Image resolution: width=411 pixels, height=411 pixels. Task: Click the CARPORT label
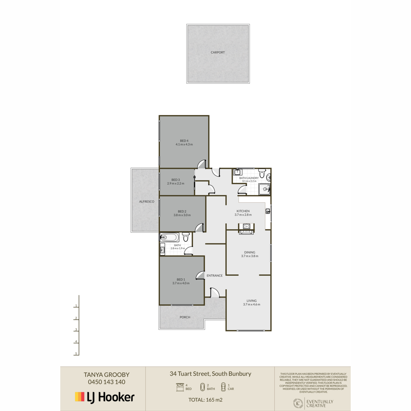click(x=217, y=52)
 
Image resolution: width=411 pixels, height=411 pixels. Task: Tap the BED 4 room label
click(x=184, y=140)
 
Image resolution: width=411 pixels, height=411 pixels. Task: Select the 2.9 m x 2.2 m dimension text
click(x=176, y=184)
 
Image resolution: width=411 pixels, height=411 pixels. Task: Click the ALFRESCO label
click(x=147, y=201)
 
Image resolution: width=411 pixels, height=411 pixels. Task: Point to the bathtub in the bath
click(x=170, y=237)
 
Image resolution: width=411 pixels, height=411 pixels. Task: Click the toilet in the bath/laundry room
click(x=262, y=173)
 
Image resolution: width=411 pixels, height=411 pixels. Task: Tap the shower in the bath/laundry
click(x=264, y=189)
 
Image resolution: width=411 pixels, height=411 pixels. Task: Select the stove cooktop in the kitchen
click(x=246, y=226)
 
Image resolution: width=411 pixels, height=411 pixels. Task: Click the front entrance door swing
click(x=214, y=292)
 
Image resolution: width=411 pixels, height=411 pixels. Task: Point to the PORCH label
click(x=185, y=317)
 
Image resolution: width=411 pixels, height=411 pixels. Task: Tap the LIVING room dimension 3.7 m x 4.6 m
click(x=251, y=304)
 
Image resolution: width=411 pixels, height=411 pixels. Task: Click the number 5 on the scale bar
click(x=76, y=353)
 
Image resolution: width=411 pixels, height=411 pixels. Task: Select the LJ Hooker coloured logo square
click(x=79, y=397)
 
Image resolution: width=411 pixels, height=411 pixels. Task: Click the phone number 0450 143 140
click(x=107, y=382)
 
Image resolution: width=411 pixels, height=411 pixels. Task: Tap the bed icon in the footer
click(x=180, y=387)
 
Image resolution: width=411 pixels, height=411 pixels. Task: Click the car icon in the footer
click(x=223, y=387)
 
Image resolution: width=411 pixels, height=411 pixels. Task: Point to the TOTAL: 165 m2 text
click(x=206, y=400)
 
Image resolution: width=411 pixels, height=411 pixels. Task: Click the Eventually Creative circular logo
click(x=298, y=403)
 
